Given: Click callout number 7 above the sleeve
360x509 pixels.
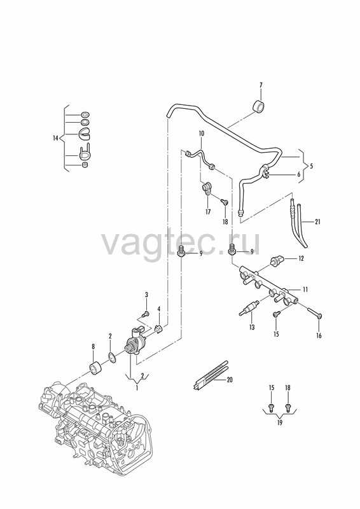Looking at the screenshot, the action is coord(261,85).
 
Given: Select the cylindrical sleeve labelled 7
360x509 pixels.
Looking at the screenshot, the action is coord(258,107).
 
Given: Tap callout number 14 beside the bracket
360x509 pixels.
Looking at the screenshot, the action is coord(55,138).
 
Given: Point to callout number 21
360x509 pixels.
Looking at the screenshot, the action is coord(317,222).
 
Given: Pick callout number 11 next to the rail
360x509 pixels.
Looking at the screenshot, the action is coord(305,289).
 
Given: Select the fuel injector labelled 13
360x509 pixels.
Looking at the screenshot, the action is coord(249,308).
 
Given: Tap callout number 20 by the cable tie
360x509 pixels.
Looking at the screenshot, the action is coord(230,380).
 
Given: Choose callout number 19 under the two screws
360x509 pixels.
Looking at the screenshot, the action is coord(280,422).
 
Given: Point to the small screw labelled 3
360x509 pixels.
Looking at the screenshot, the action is coord(146,314).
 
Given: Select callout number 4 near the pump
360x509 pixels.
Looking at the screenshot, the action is coord(159,309).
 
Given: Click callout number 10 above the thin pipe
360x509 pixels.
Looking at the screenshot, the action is coord(202,134).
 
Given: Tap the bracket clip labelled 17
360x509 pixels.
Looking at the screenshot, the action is coord(207,189).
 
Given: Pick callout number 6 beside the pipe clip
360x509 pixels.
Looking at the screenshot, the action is coord(299,174).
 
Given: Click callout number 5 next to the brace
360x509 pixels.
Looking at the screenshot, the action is coord(311,166).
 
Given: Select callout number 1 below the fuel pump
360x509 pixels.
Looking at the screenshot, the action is coord(137,388).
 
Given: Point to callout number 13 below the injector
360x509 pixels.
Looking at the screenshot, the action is coord(252,328).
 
